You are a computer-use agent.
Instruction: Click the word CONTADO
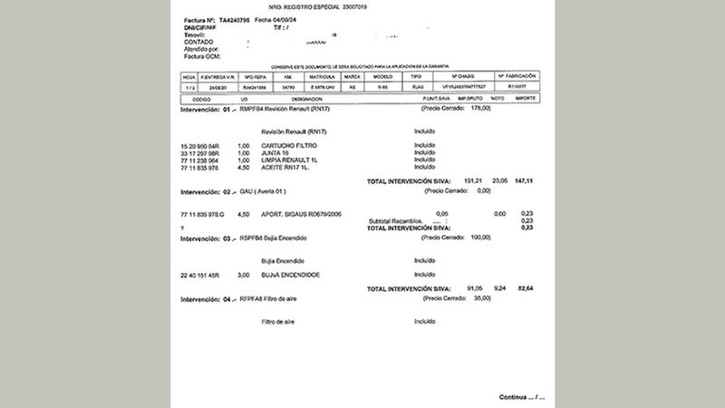198,41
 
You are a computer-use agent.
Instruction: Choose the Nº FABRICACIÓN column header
517,76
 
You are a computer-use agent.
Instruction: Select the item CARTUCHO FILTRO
287,144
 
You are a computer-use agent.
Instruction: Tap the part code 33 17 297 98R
199,152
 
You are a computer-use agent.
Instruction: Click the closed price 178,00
479,108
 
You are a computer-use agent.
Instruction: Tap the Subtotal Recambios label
397,221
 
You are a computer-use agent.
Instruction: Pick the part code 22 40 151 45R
200,274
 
